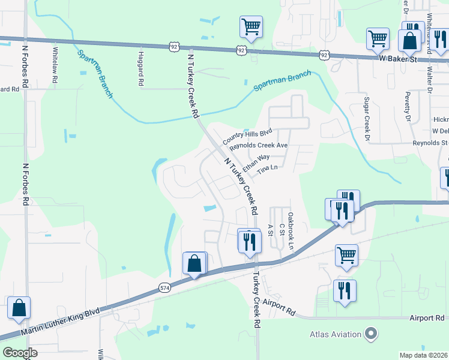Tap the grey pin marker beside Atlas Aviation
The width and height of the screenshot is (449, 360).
(x=371, y=334)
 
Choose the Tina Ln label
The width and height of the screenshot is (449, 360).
(x=268, y=170)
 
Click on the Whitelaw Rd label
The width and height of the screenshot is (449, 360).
(x=55, y=65)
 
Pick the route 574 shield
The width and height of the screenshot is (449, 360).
(x=164, y=288)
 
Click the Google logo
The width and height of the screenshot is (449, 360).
(x=19, y=353)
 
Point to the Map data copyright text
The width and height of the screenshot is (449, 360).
(x=423, y=355)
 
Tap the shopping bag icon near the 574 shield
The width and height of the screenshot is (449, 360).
(x=194, y=263)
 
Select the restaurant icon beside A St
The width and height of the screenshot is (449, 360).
(x=249, y=241)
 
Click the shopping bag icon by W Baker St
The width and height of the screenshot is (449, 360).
(x=410, y=41)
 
